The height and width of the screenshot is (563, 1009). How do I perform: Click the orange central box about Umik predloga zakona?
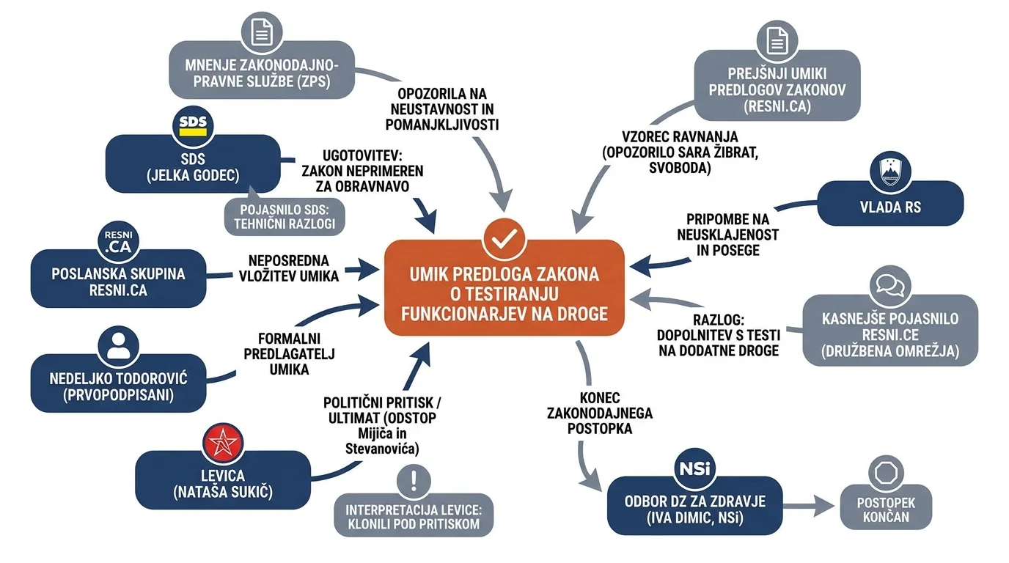[504, 288]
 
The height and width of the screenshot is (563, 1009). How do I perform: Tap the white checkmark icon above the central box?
[504, 239]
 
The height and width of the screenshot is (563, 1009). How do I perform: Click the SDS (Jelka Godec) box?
[193, 164]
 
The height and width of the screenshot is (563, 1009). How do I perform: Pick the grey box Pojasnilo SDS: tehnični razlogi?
[285, 217]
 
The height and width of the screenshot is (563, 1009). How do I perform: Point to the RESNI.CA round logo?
[119, 242]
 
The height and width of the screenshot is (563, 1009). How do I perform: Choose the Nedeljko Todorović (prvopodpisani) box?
[119, 383]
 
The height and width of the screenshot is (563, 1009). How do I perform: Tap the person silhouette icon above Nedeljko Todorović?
[119, 346]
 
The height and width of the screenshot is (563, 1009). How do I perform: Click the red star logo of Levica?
[222, 444]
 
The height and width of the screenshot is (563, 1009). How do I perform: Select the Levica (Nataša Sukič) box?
[223, 480]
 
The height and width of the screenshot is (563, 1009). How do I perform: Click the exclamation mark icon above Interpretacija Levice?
[414, 481]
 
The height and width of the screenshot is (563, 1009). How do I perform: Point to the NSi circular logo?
[694, 469]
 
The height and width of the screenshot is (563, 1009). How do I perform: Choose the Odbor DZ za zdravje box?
[695, 506]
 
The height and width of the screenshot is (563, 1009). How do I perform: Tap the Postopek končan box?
[886, 507]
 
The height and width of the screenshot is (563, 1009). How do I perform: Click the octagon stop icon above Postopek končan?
[886, 474]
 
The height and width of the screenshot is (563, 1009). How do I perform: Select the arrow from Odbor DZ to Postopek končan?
[809, 507]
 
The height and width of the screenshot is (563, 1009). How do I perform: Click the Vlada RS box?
[890, 203]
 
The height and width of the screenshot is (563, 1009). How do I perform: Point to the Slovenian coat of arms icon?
[890, 172]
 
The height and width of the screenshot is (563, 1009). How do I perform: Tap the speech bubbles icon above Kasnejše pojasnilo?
[890, 286]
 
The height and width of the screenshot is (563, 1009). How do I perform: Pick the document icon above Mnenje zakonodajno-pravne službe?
[262, 32]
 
